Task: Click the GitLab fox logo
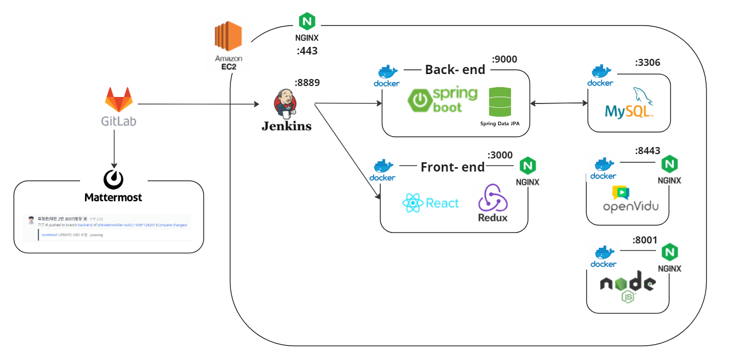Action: (x=119, y=100)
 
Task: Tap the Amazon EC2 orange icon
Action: (x=228, y=36)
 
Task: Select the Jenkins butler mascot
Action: (x=285, y=104)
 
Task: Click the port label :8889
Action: (x=307, y=83)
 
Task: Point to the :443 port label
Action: (x=307, y=51)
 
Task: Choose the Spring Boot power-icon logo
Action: (x=420, y=100)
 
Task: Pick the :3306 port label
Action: (x=647, y=63)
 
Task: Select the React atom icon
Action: (x=413, y=204)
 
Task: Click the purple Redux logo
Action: (x=492, y=198)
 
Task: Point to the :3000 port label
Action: (x=500, y=155)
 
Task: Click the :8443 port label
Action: (x=647, y=151)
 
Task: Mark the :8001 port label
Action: (x=646, y=240)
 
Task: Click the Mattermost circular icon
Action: (x=113, y=179)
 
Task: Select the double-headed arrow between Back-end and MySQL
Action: (x=558, y=103)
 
